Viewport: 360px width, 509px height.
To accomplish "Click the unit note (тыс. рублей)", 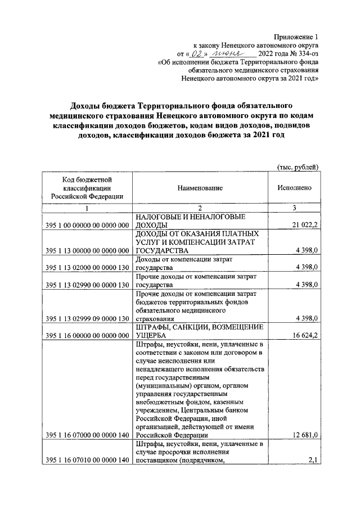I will pyautogui.click(x=298, y=166).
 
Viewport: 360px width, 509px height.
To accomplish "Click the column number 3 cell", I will pyautogui.click(x=294, y=208).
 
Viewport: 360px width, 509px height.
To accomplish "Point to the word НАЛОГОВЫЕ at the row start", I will pyautogui.click(x=160, y=217).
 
